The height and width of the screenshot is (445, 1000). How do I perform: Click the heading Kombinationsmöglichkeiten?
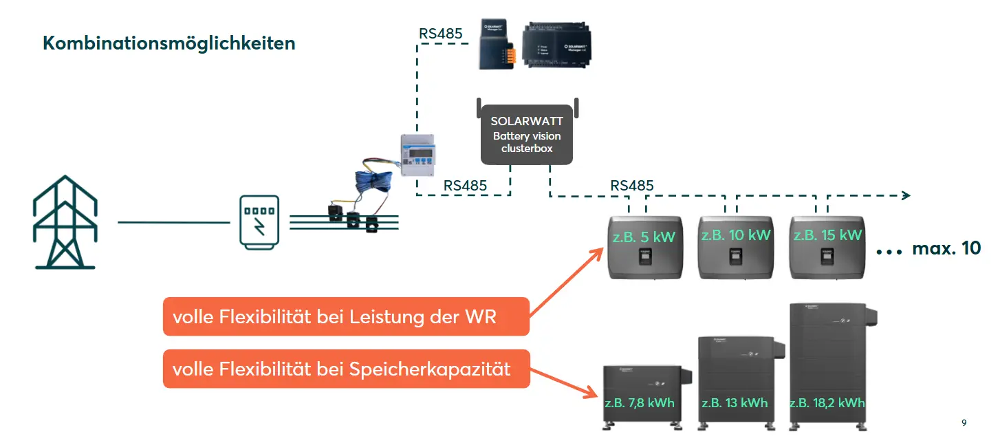click(169, 43)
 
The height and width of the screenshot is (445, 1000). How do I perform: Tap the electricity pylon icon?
click(65, 221)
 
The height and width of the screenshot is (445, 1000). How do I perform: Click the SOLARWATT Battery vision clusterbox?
click(527, 134)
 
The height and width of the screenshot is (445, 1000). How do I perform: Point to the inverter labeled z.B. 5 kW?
click(644, 248)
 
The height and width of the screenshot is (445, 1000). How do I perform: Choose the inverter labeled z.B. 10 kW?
click(736, 248)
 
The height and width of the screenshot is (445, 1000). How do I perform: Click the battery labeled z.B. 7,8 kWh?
click(646, 395)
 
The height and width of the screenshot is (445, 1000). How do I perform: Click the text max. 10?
click(946, 249)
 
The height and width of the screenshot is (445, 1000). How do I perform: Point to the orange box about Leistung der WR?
click(346, 316)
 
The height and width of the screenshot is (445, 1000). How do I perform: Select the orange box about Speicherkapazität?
click(346, 369)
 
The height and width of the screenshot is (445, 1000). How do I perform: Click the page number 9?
click(964, 423)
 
